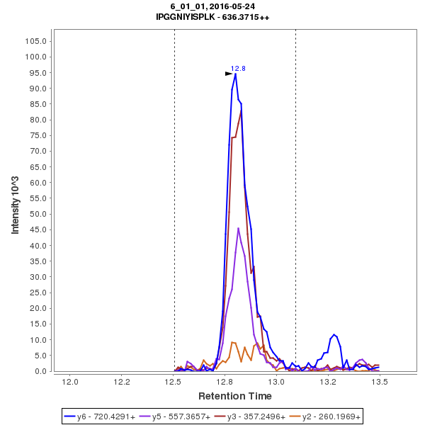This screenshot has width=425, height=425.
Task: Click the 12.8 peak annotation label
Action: pos(238,69)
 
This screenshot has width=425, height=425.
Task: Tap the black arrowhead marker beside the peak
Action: pos(229,74)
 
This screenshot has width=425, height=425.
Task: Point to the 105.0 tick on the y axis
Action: pos(36,41)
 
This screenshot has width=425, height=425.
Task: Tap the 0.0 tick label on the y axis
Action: pos(40,371)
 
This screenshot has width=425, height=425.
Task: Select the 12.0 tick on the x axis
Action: pos(70,382)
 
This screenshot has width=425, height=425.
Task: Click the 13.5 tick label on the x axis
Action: pos(380,382)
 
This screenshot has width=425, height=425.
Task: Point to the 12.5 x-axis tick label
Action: pos(174,382)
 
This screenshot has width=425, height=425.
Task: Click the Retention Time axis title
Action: pos(234,395)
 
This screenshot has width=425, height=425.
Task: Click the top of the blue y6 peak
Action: pos(235,73)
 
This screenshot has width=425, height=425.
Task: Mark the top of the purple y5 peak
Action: pos(239,228)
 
